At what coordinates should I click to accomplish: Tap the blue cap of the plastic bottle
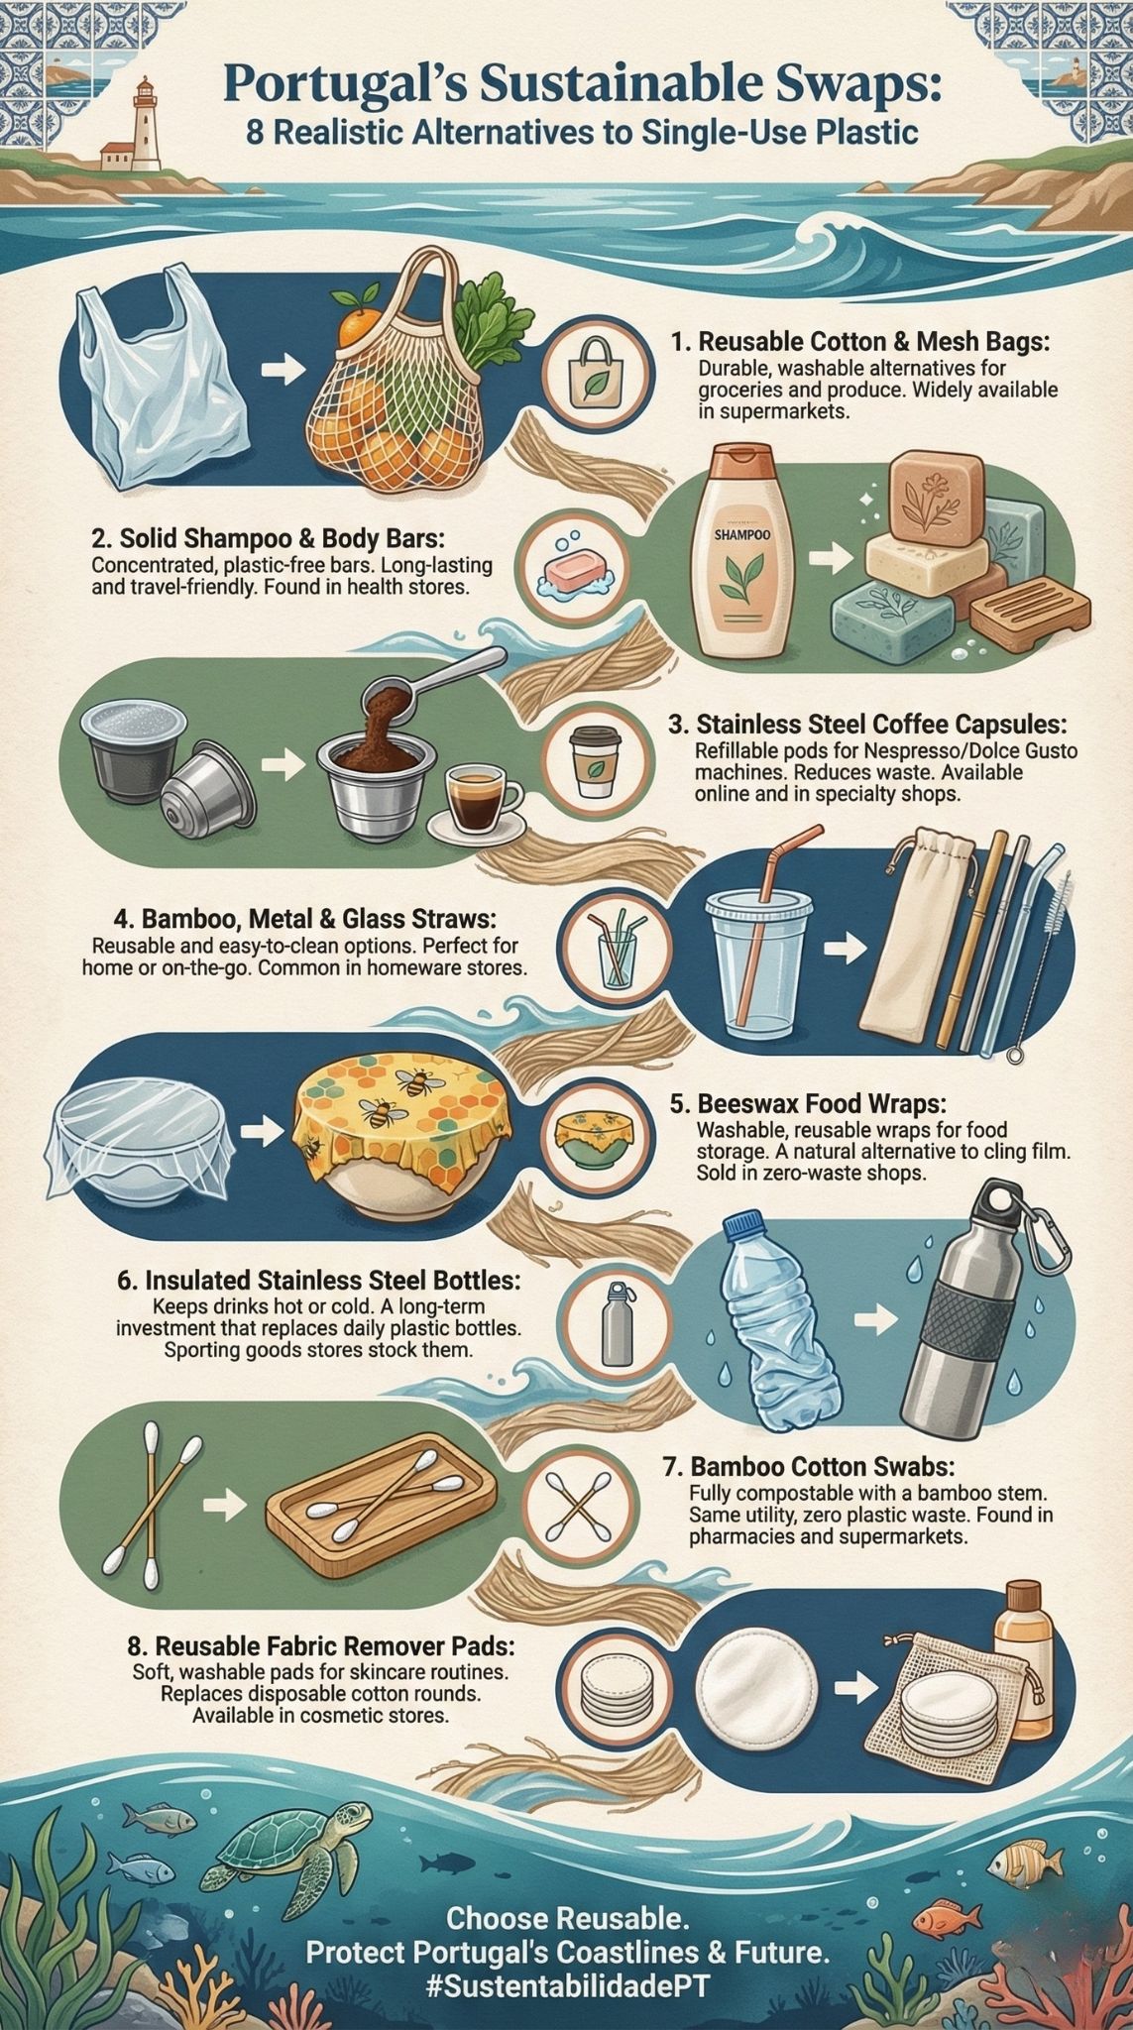[743, 1226]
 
